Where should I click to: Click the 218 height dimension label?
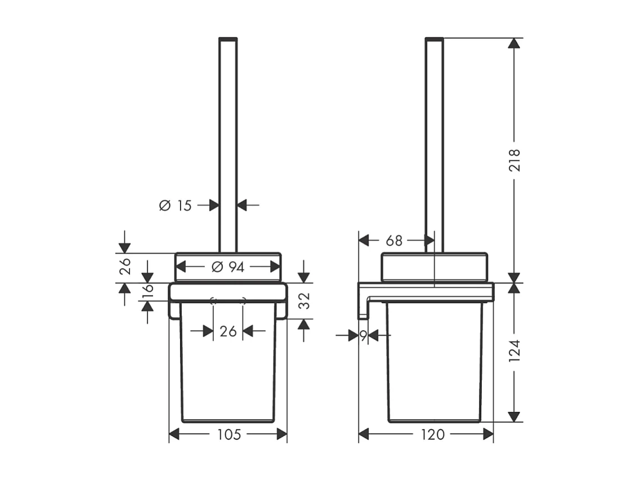514,160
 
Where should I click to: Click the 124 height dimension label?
514,350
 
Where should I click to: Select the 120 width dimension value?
433,434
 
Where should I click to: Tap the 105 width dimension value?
229,434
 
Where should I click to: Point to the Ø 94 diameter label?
228,267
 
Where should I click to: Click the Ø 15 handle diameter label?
175,205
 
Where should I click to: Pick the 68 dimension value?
394,241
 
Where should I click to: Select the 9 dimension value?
363,336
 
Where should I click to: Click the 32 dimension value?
304,301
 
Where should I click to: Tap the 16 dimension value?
147,289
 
